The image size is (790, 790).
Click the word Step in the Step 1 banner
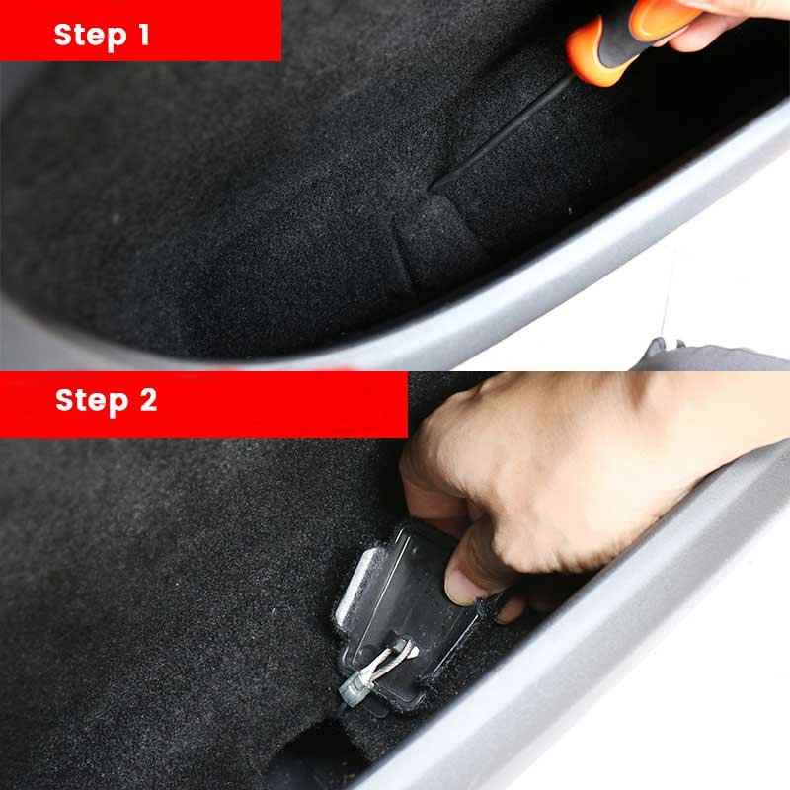point(90,37)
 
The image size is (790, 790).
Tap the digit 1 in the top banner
point(143,35)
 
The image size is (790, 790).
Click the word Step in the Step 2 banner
point(92,401)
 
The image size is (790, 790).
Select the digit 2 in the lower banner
point(148,400)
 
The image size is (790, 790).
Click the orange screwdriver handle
point(630,41)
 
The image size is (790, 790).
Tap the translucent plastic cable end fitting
point(353,686)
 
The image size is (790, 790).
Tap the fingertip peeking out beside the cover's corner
point(510,609)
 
